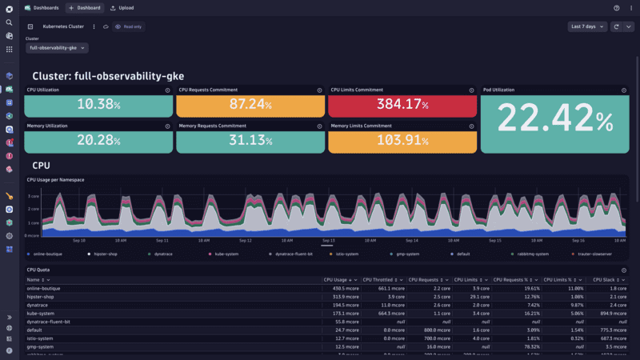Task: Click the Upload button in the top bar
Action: [122, 7]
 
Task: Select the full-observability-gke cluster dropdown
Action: [57, 48]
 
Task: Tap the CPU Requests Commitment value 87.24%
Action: [250, 105]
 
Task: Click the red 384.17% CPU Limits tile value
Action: [403, 105]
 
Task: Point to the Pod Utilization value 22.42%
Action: [554, 121]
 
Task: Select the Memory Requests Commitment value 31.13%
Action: [250, 141]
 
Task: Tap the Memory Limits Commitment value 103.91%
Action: [403, 141]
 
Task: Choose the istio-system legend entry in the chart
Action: [346, 254]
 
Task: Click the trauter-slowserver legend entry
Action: [594, 254]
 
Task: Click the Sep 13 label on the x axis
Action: [328, 240]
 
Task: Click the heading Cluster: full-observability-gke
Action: [108, 76]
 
